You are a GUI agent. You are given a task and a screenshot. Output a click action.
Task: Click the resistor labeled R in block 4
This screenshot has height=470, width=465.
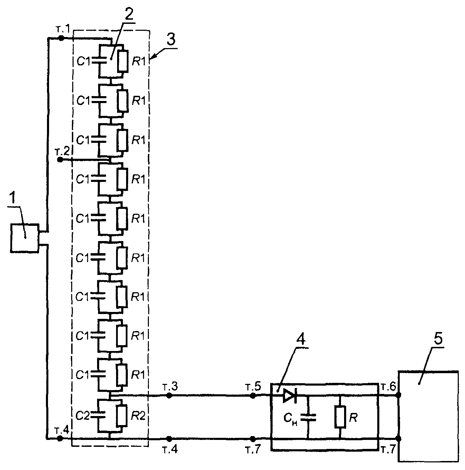tap(340, 417)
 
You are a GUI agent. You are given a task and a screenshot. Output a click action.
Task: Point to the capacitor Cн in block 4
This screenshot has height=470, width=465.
tap(308, 417)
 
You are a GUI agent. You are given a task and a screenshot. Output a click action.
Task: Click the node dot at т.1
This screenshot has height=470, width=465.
tap(61, 38)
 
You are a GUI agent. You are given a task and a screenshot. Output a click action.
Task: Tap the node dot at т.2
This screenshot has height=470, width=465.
tap(60, 160)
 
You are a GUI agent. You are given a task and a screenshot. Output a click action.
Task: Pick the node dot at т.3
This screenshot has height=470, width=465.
tap(169, 395)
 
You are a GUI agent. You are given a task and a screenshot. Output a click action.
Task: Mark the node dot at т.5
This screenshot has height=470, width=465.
tap(253, 395)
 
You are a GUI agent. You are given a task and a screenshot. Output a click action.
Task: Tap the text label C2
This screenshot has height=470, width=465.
tap(82, 416)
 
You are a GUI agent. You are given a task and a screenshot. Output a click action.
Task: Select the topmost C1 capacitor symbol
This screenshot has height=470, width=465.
tap(99, 61)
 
